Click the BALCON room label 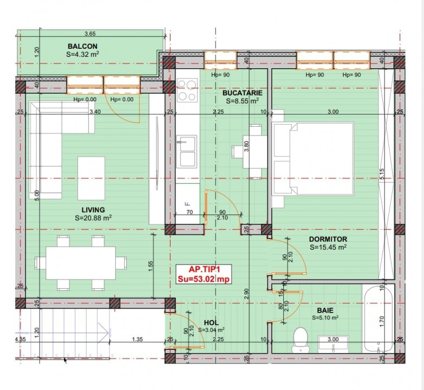pos(83,47)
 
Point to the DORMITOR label pos(329,238)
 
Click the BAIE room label pos(325,310)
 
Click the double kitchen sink pos(188,152)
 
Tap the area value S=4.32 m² pos(83,54)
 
